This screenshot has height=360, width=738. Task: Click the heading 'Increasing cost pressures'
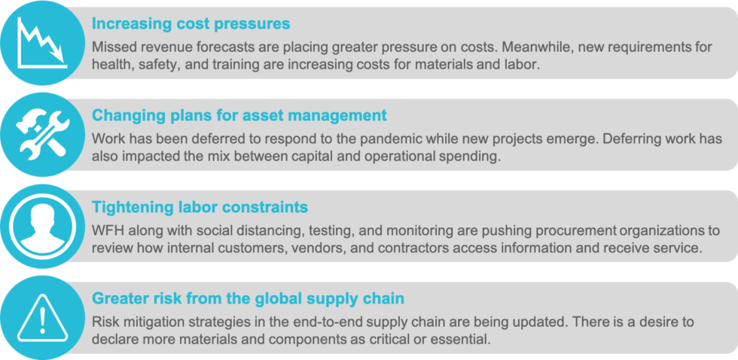click(191, 23)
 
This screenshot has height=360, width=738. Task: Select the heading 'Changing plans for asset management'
click(239, 115)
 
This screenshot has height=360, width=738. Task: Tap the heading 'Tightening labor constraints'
click(200, 207)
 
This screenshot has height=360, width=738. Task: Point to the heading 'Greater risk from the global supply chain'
click(248, 298)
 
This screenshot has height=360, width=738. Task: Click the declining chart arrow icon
click(41, 42)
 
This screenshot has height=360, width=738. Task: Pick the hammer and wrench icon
click(42, 133)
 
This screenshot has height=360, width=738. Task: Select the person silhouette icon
click(42, 224)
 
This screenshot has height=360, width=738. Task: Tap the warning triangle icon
click(42, 318)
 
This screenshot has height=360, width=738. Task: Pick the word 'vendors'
click(305, 249)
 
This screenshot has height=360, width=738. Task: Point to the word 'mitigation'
click(154, 322)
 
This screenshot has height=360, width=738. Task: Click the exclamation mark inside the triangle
click(42, 319)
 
